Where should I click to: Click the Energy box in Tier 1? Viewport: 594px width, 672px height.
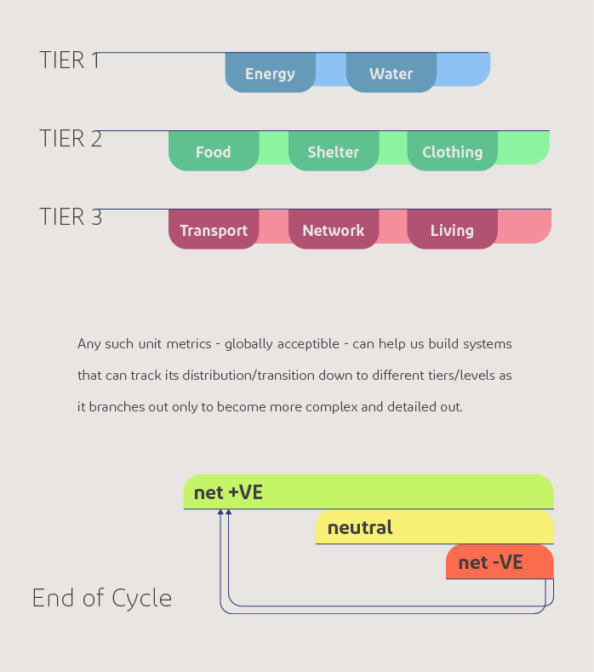[270, 73]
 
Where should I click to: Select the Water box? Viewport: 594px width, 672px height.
[391, 73]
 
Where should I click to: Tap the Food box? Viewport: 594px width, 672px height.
[213, 152]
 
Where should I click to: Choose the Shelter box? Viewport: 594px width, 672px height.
[333, 152]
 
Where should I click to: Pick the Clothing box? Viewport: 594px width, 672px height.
[452, 152]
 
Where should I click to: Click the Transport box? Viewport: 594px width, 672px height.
[214, 230]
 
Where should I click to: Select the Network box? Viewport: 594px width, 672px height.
[333, 230]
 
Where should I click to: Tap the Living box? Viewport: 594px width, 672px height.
[452, 230]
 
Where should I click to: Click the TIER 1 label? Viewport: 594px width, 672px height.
[70, 60]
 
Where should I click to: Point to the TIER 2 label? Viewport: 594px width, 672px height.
[71, 139]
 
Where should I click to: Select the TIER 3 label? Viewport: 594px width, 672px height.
[71, 217]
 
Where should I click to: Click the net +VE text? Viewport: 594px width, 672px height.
[228, 492]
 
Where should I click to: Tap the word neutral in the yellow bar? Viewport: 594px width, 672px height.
[360, 527]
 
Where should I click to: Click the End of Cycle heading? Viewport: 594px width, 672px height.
[102, 598]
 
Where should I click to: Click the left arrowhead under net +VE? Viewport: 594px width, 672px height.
[220, 513]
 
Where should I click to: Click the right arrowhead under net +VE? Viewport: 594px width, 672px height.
[229, 513]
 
